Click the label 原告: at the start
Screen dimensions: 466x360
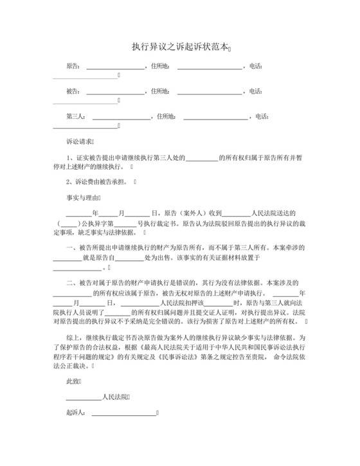tap(73, 66)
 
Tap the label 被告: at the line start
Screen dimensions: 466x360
tap(73, 91)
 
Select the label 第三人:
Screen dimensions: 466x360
tap(76, 117)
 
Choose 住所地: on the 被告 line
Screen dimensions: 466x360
tap(159, 91)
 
